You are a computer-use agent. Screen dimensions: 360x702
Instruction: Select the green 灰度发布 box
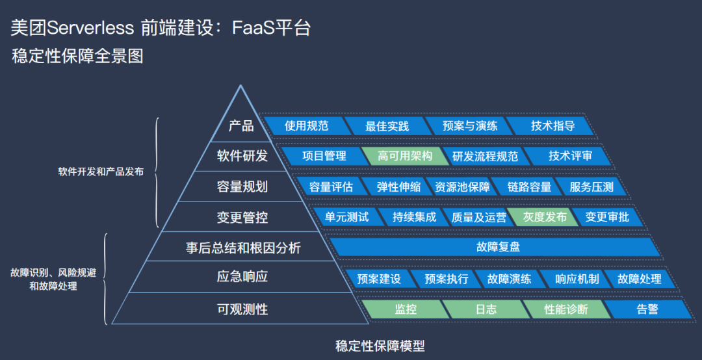click(x=545, y=217)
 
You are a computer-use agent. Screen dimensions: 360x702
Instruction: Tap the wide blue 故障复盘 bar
click(x=498, y=247)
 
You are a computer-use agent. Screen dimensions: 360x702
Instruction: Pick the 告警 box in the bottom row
click(x=647, y=309)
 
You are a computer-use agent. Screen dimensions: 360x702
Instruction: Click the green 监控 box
click(x=406, y=309)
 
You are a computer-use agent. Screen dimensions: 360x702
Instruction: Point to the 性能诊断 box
click(x=565, y=309)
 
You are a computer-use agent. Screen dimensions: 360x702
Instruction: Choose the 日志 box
click(x=486, y=309)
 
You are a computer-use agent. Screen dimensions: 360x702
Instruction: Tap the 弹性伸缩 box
click(x=398, y=186)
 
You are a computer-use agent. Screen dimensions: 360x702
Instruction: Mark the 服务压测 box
click(x=591, y=186)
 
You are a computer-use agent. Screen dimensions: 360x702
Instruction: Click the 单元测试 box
click(x=347, y=217)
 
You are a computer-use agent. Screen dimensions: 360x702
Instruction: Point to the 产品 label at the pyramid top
click(x=241, y=125)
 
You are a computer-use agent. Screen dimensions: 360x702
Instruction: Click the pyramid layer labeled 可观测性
click(x=242, y=309)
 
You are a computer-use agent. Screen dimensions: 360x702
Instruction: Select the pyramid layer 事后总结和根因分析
click(x=243, y=248)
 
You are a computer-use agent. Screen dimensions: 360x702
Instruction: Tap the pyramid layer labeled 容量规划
click(x=242, y=186)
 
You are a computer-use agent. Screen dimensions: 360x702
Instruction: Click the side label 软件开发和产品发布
click(x=101, y=172)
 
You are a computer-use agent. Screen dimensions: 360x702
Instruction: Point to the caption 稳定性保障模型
click(x=380, y=345)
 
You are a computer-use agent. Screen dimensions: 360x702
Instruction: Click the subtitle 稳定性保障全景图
click(x=77, y=57)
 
